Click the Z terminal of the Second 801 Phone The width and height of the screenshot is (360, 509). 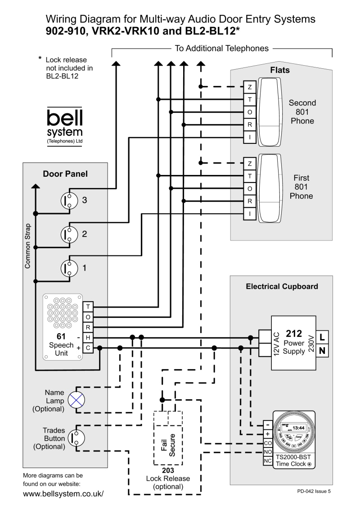click(250, 87)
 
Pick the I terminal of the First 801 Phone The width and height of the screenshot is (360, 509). click(250, 214)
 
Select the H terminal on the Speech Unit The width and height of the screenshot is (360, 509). click(88, 337)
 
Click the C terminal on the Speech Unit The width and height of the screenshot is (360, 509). click(88, 348)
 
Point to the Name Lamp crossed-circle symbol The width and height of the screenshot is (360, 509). click(76, 398)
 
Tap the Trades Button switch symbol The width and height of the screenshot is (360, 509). click(75, 436)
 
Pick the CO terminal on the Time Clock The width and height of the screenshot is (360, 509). click(267, 443)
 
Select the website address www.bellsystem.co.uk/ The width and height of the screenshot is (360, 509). click(63, 493)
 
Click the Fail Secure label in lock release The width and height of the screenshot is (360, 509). click(168, 443)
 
